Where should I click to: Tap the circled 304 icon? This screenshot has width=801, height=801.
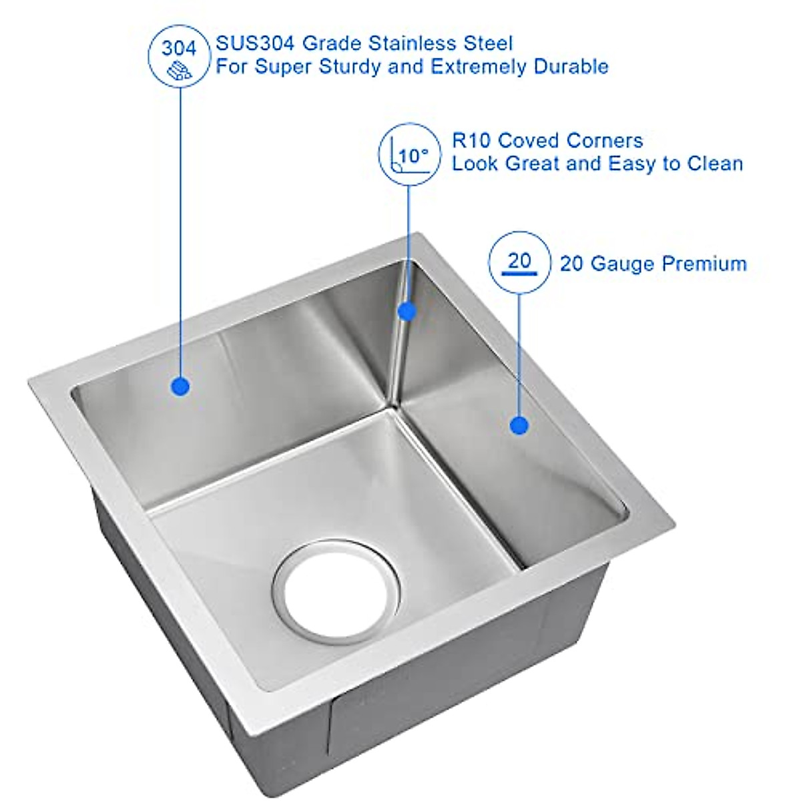[x=180, y=57]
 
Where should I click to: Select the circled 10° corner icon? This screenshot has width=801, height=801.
[x=409, y=153]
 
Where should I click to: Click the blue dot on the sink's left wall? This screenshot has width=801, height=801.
[x=180, y=386]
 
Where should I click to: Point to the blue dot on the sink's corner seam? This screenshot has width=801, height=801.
[x=407, y=310]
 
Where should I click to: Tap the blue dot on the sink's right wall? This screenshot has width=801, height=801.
[x=519, y=425]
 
